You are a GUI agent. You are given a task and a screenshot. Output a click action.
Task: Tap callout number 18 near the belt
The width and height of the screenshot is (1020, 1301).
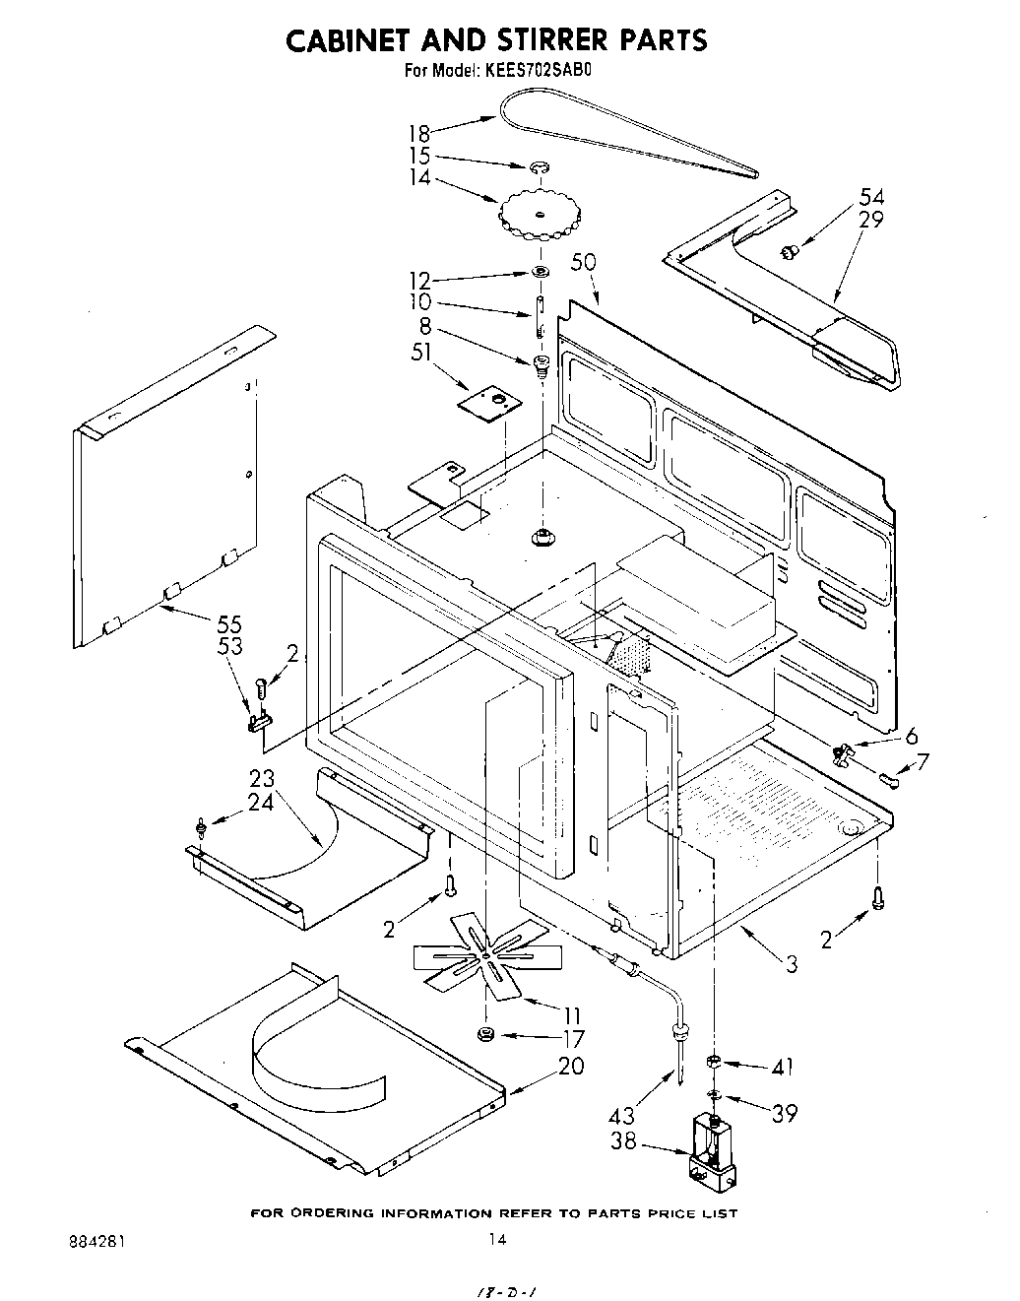point(420,133)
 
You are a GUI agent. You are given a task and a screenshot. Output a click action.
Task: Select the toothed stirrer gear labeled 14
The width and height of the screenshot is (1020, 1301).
point(538,215)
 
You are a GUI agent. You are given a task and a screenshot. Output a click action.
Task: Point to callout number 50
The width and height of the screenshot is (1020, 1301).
point(584,263)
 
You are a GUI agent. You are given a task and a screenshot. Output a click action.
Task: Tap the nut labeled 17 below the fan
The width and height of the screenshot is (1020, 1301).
point(484,1033)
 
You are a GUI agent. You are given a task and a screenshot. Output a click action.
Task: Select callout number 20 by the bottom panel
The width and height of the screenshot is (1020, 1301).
point(571,1066)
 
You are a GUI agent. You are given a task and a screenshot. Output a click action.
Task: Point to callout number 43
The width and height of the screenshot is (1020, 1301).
point(622,1116)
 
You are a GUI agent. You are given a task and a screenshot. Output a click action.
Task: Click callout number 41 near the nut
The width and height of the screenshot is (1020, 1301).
point(783,1067)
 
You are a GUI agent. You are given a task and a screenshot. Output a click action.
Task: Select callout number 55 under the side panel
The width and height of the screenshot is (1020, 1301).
point(228,624)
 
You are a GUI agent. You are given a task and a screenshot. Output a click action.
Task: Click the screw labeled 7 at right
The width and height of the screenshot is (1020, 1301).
point(892,782)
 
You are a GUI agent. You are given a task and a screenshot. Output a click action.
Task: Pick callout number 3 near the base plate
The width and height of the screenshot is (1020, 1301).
point(791,965)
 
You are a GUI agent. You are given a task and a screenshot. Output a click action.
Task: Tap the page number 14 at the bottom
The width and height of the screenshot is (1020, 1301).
point(498,1240)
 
